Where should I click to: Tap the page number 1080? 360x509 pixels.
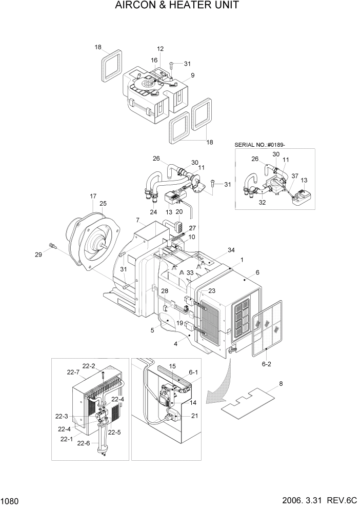pyautogui.click(x=11, y=500)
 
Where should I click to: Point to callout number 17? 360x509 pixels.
pyautogui.click(x=93, y=196)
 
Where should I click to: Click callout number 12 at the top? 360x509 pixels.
pyautogui.click(x=160, y=49)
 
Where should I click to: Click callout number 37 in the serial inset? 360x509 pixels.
pyautogui.click(x=294, y=176)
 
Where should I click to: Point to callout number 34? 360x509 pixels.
pyautogui.click(x=231, y=250)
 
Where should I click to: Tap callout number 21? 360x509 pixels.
pyautogui.click(x=194, y=416)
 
